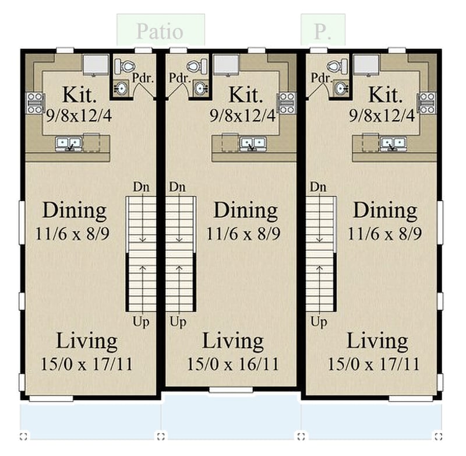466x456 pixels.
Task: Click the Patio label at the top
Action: coord(160,31)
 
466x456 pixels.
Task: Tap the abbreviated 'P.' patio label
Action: coord(321,31)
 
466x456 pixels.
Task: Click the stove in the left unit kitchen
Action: coord(34,103)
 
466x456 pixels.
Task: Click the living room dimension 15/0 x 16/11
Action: coord(232,364)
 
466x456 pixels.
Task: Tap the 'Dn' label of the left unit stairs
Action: coord(142,187)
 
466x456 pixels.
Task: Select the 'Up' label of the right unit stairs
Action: coord(318,321)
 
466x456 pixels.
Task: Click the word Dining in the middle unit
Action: coord(245,211)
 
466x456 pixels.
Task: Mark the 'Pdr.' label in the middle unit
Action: coord(178,78)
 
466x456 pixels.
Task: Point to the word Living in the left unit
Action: coord(87,341)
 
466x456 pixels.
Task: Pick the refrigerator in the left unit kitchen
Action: coord(96,65)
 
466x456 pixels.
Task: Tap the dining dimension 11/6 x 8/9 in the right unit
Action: coord(384,234)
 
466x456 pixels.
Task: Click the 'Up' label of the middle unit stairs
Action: coord(178,321)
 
